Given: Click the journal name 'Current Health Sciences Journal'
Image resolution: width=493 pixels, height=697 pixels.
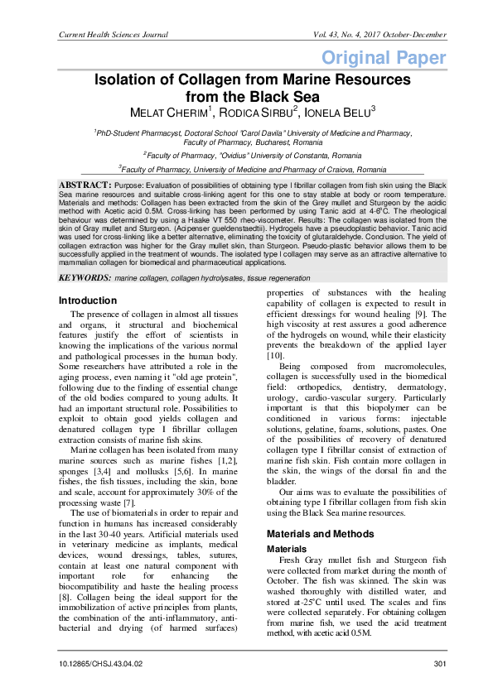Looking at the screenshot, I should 113,35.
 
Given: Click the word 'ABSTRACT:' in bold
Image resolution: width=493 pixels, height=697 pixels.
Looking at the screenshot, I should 85,183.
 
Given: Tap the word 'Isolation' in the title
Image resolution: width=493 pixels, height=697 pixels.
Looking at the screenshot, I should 132,79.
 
